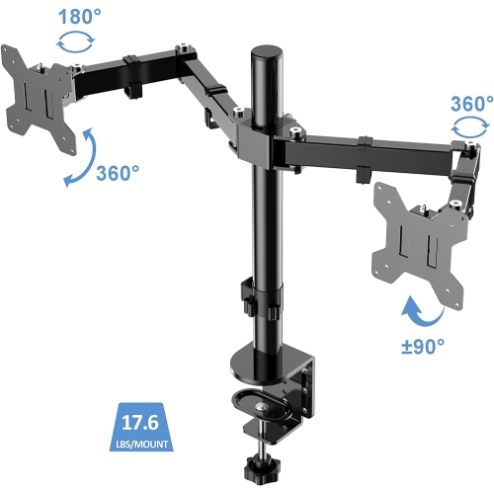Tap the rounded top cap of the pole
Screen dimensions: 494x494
(264, 51)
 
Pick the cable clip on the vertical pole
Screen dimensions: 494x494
(248, 293)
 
